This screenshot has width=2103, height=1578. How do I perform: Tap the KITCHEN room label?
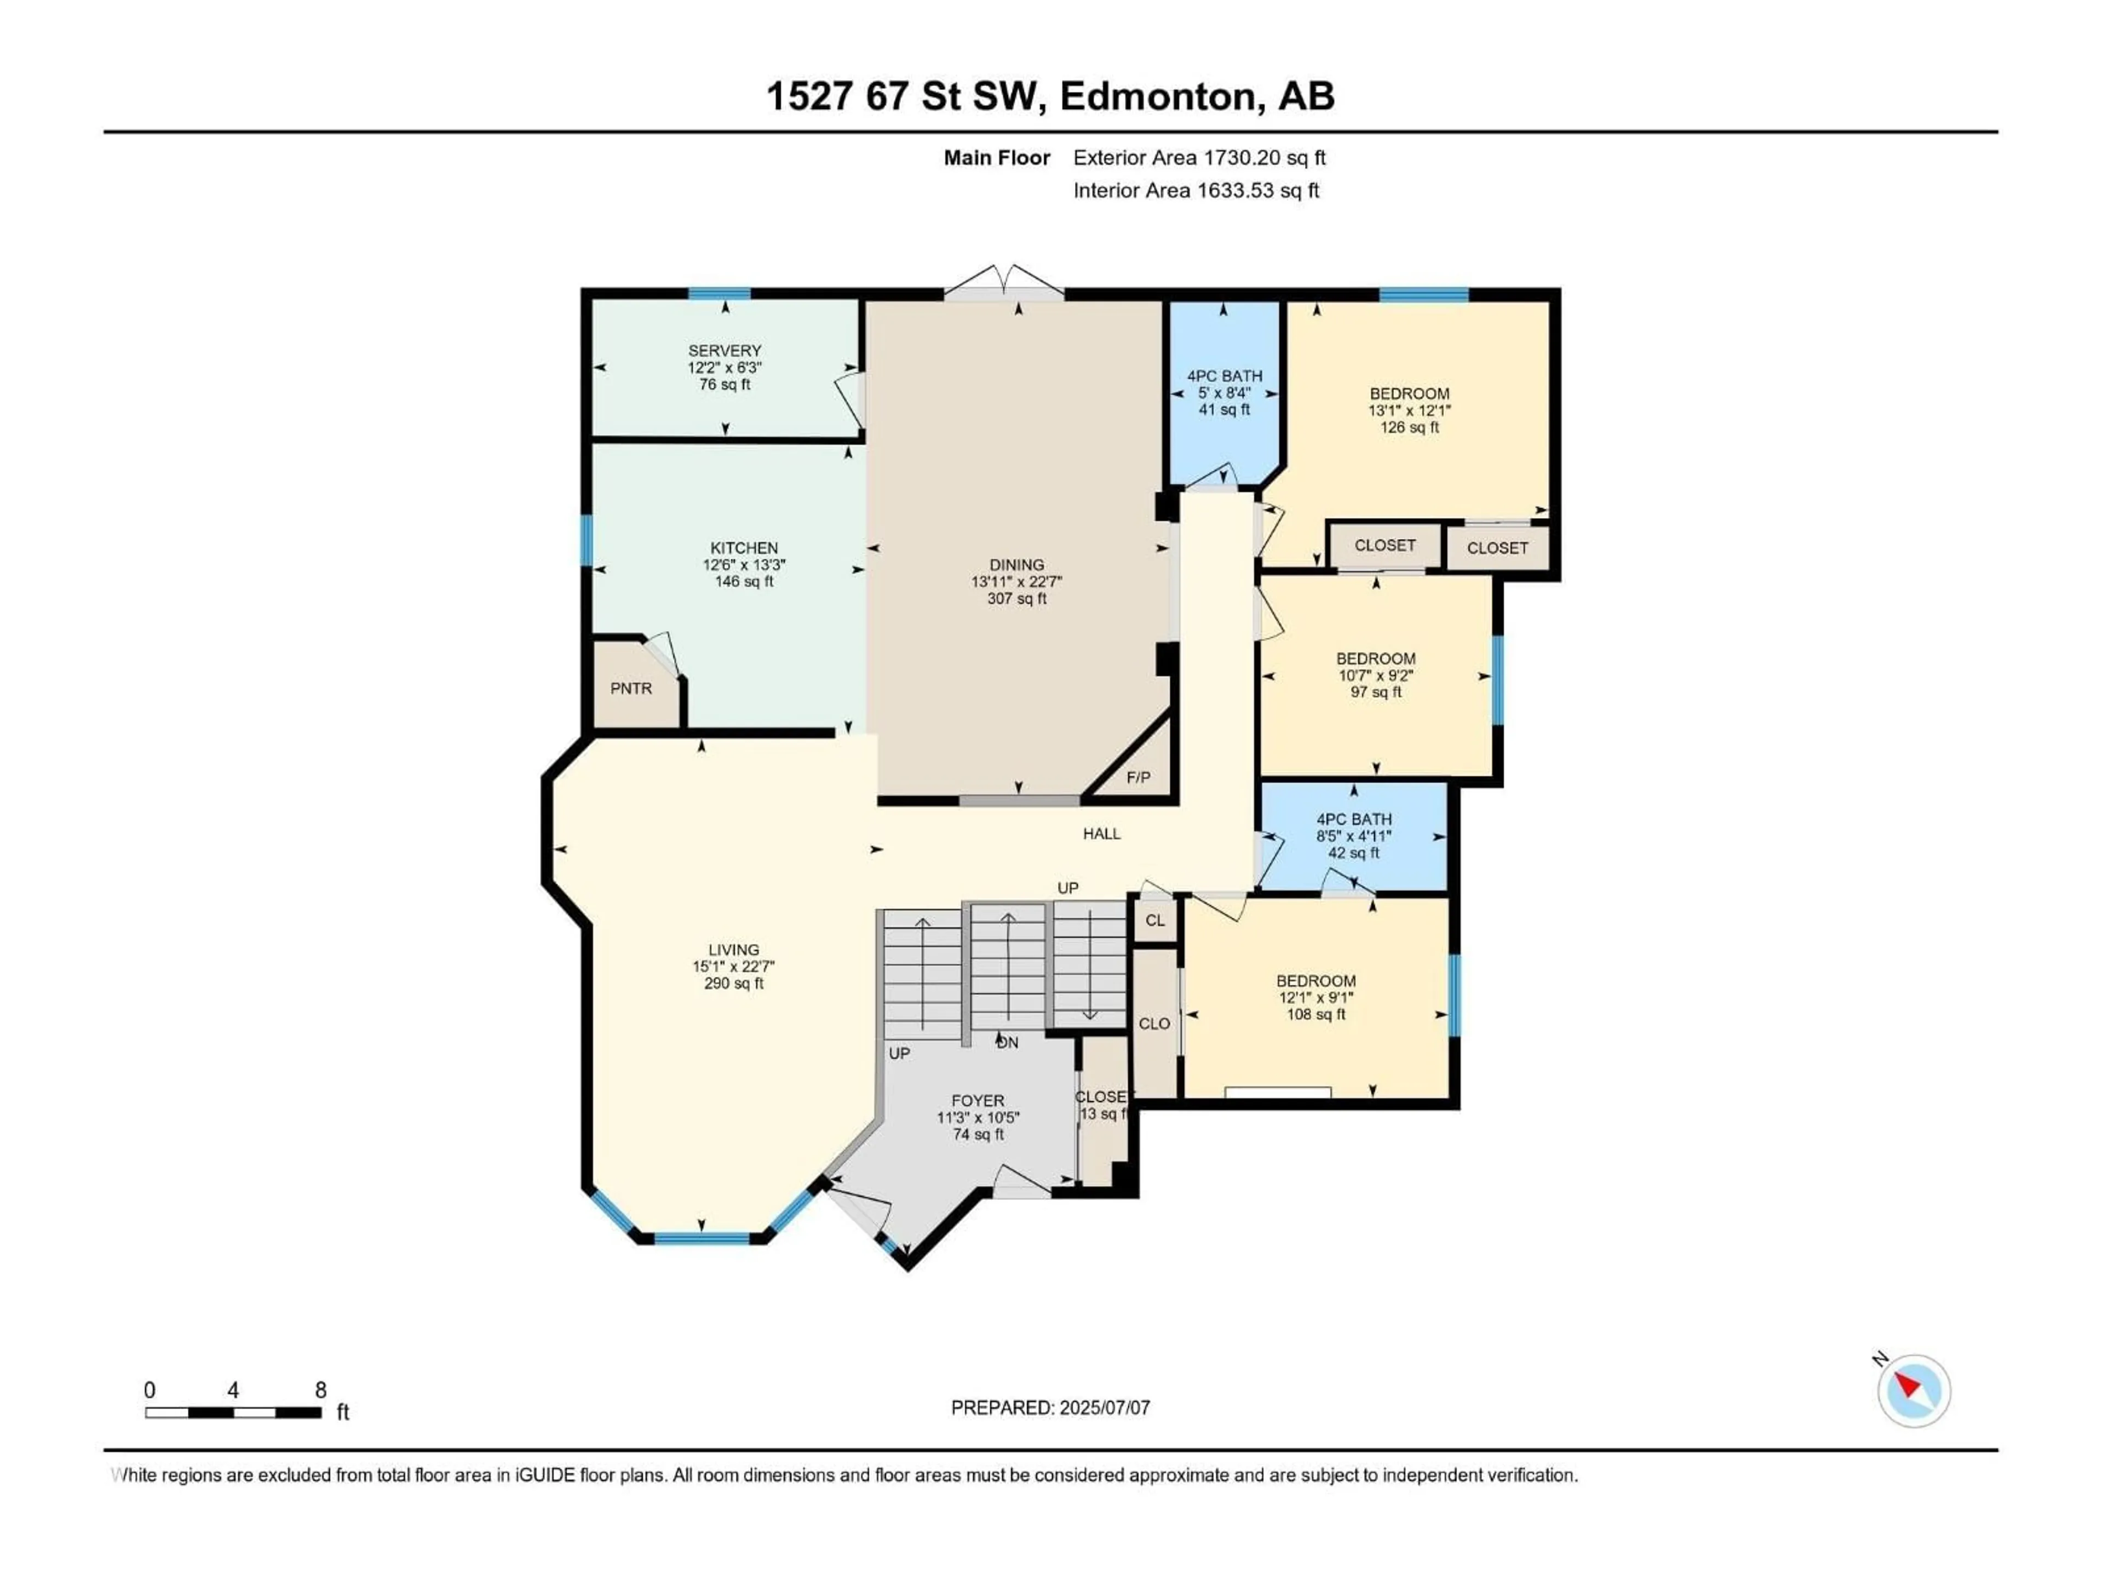click(x=744, y=548)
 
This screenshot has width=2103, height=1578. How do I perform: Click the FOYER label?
click(x=978, y=1101)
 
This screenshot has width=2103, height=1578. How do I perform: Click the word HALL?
click(x=1102, y=833)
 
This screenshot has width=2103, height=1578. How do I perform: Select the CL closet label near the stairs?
click(x=1155, y=921)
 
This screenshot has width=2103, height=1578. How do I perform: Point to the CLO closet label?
click(x=1154, y=1024)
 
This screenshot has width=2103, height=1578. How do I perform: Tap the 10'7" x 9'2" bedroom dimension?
click(x=1376, y=676)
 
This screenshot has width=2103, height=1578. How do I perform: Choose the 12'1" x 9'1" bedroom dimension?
click(x=1316, y=998)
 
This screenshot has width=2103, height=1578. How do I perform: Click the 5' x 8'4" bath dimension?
click(x=1225, y=393)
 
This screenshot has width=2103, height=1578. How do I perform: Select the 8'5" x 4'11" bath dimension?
click(x=1354, y=836)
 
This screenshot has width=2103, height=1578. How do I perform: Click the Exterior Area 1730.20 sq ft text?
click(x=1199, y=158)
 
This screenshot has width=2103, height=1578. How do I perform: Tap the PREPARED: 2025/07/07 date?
click(x=1050, y=1408)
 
